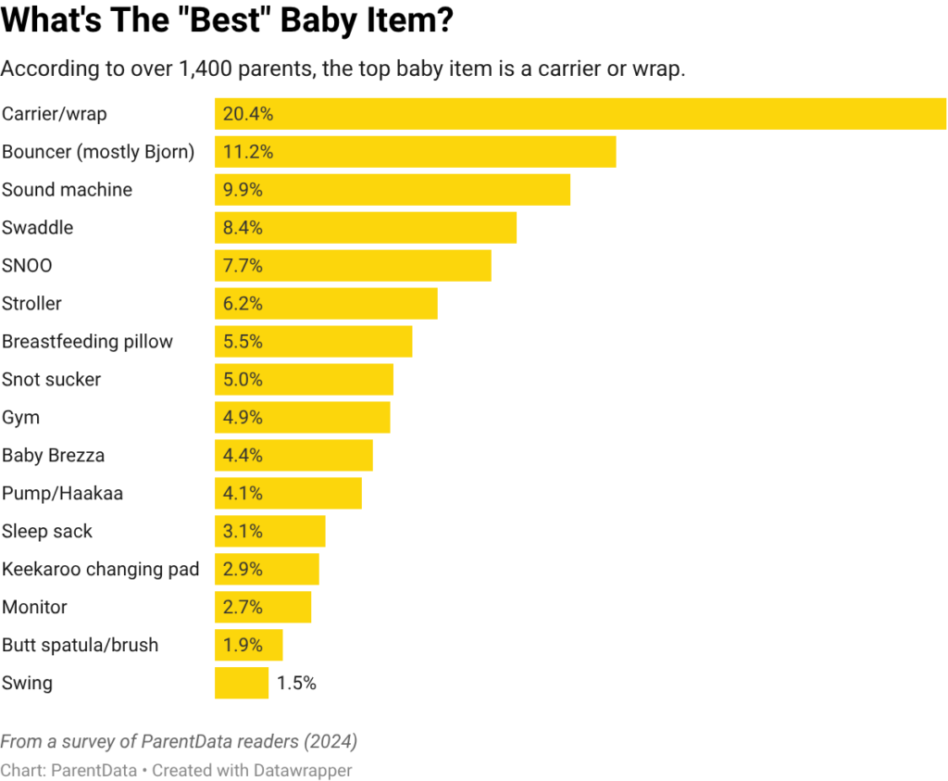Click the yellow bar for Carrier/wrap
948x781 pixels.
[x=580, y=114]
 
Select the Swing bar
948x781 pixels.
[x=242, y=684]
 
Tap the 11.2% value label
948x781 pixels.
[x=248, y=152]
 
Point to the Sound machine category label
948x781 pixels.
[x=67, y=190]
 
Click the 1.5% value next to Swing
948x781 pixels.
[x=296, y=684]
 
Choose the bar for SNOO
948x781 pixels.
[x=353, y=266]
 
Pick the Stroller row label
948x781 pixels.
[x=31, y=304]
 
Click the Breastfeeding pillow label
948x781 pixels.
[x=87, y=342]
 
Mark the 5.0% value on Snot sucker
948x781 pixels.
[x=243, y=380]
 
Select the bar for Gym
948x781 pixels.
[x=303, y=418]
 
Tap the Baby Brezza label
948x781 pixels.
[x=53, y=456]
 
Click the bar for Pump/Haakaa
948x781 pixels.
[x=288, y=494]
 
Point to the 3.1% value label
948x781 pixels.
[x=243, y=532]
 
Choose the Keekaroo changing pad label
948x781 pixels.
[x=100, y=570]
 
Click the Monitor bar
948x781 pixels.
[x=263, y=608]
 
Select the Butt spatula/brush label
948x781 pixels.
[x=80, y=646]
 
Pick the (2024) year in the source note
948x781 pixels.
[x=332, y=742]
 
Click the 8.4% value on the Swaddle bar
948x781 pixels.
[x=243, y=228]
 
